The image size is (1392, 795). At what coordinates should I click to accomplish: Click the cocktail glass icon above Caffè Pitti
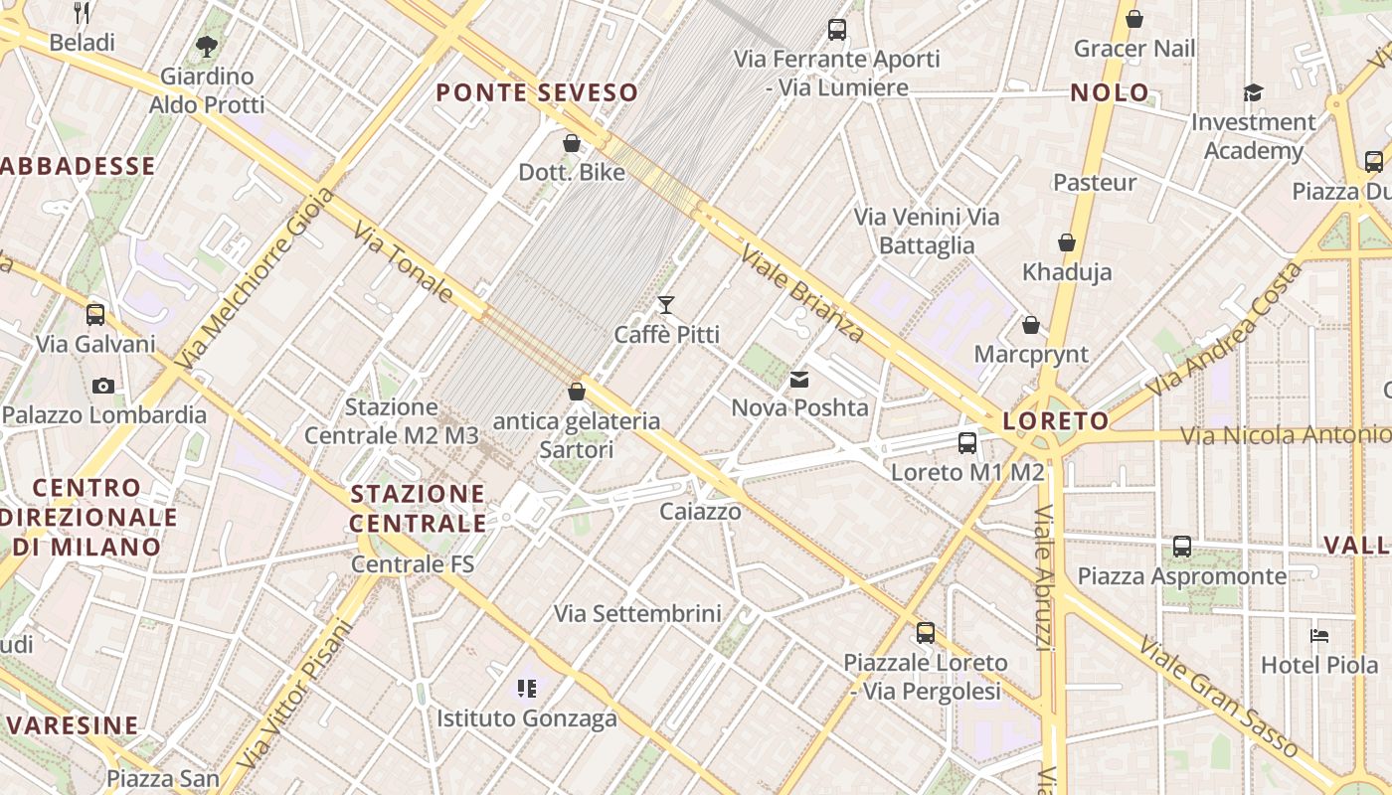click(x=666, y=305)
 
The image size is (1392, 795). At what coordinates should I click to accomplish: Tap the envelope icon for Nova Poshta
click(x=799, y=380)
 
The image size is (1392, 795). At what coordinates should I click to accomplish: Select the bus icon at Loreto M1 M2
click(x=967, y=443)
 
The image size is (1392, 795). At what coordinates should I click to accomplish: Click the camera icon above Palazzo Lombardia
click(x=103, y=386)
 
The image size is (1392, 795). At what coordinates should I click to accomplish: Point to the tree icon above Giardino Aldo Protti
click(x=207, y=46)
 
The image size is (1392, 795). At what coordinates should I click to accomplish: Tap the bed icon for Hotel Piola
click(x=1319, y=636)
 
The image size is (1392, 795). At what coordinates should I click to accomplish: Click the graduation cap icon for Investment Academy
click(x=1253, y=93)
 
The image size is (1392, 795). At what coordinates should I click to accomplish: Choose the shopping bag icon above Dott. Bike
click(x=572, y=144)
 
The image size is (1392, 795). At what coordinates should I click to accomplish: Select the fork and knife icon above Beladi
click(x=82, y=13)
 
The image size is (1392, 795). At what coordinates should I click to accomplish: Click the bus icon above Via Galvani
click(x=95, y=315)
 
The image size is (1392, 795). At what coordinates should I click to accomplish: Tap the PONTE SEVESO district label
click(x=537, y=93)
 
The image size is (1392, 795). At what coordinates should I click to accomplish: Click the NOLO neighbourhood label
click(x=1110, y=93)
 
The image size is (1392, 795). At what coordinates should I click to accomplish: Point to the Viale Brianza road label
click(x=802, y=294)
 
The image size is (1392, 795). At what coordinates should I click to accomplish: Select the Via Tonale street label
click(x=404, y=261)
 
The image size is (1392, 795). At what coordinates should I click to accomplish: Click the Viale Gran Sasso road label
click(x=1218, y=698)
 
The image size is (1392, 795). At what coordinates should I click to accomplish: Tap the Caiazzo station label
click(x=701, y=512)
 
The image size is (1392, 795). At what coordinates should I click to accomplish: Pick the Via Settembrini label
click(x=637, y=613)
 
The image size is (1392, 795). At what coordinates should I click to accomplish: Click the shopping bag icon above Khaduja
click(x=1067, y=242)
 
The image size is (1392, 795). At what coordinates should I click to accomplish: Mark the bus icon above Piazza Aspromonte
click(x=1181, y=547)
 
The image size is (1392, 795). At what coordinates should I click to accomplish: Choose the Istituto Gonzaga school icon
click(x=527, y=688)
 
